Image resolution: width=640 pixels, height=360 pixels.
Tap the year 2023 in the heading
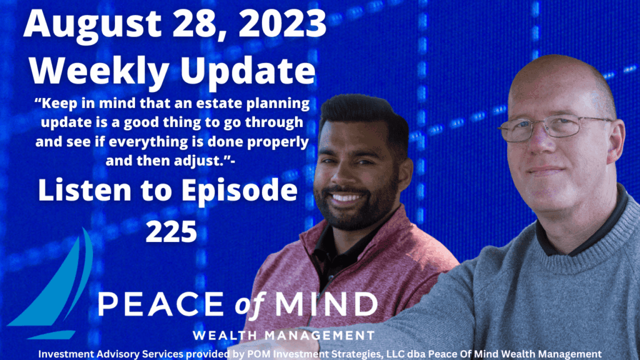pos(282,23)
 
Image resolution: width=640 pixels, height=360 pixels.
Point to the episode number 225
pos(171,232)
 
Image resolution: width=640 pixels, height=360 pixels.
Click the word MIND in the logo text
pos(326,304)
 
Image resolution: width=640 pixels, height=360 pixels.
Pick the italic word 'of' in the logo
pos(250,305)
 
